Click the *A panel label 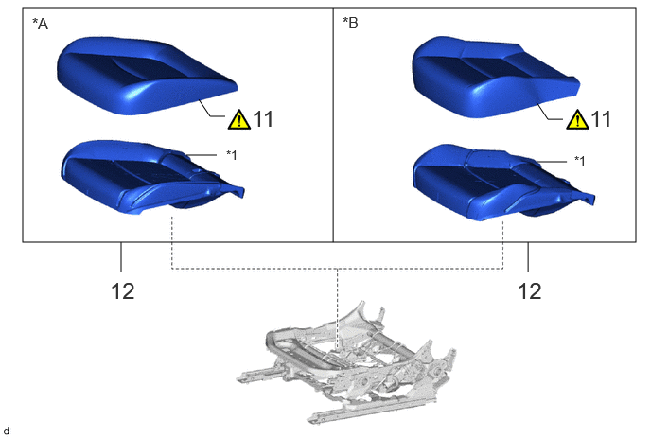pos(41,24)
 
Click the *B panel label pos(350,24)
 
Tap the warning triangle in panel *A pos(239,119)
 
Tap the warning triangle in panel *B pos(577,119)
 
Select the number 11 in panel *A pos(263,119)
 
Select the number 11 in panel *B pos(601,119)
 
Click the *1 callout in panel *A pos(231,155)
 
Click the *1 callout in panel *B pos(580,160)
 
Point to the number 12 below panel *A pos(123,291)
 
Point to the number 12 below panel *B pos(530,291)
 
